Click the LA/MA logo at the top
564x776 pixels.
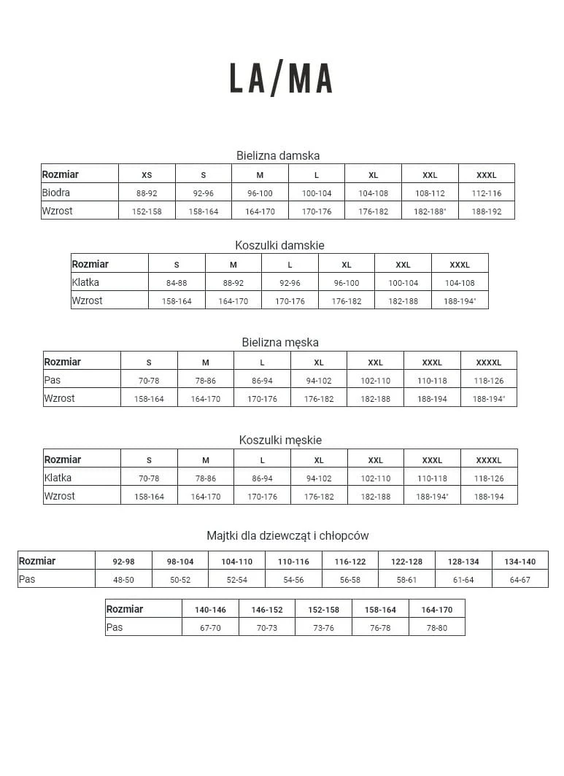click(x=281, y=79)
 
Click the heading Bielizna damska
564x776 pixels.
click(x=278, y=155)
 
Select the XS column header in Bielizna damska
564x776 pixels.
click(x=147, y=175)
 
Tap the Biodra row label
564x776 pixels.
click(x=56, y=193)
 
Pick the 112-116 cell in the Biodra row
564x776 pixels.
click(x=487, y=193)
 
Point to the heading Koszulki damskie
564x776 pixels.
click(x=279, y=246)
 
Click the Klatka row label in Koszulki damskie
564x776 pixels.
click(x=85, y=282)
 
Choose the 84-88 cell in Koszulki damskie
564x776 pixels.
click(x=177, y=283)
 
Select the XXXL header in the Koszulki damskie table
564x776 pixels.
click(x=460, y=265)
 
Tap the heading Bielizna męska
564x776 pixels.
click(x=280, y=342)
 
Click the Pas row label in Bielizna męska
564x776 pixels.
click(x=53, y=380)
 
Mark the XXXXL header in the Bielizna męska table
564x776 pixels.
click(x=489, y=362)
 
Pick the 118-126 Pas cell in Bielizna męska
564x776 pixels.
click(x=489, y=381)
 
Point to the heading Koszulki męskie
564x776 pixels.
click(x=280, y=440)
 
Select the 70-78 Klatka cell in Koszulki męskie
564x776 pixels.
click(x=149, y=478)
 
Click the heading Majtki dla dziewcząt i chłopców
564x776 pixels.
click(x=287, y=536)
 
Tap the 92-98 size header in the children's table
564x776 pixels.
click(x=123, y=562)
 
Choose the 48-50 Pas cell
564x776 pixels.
click(x=123, y=580)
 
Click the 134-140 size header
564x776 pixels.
click(x=519, y=562)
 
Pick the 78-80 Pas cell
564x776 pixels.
click(x=436, y=628)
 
